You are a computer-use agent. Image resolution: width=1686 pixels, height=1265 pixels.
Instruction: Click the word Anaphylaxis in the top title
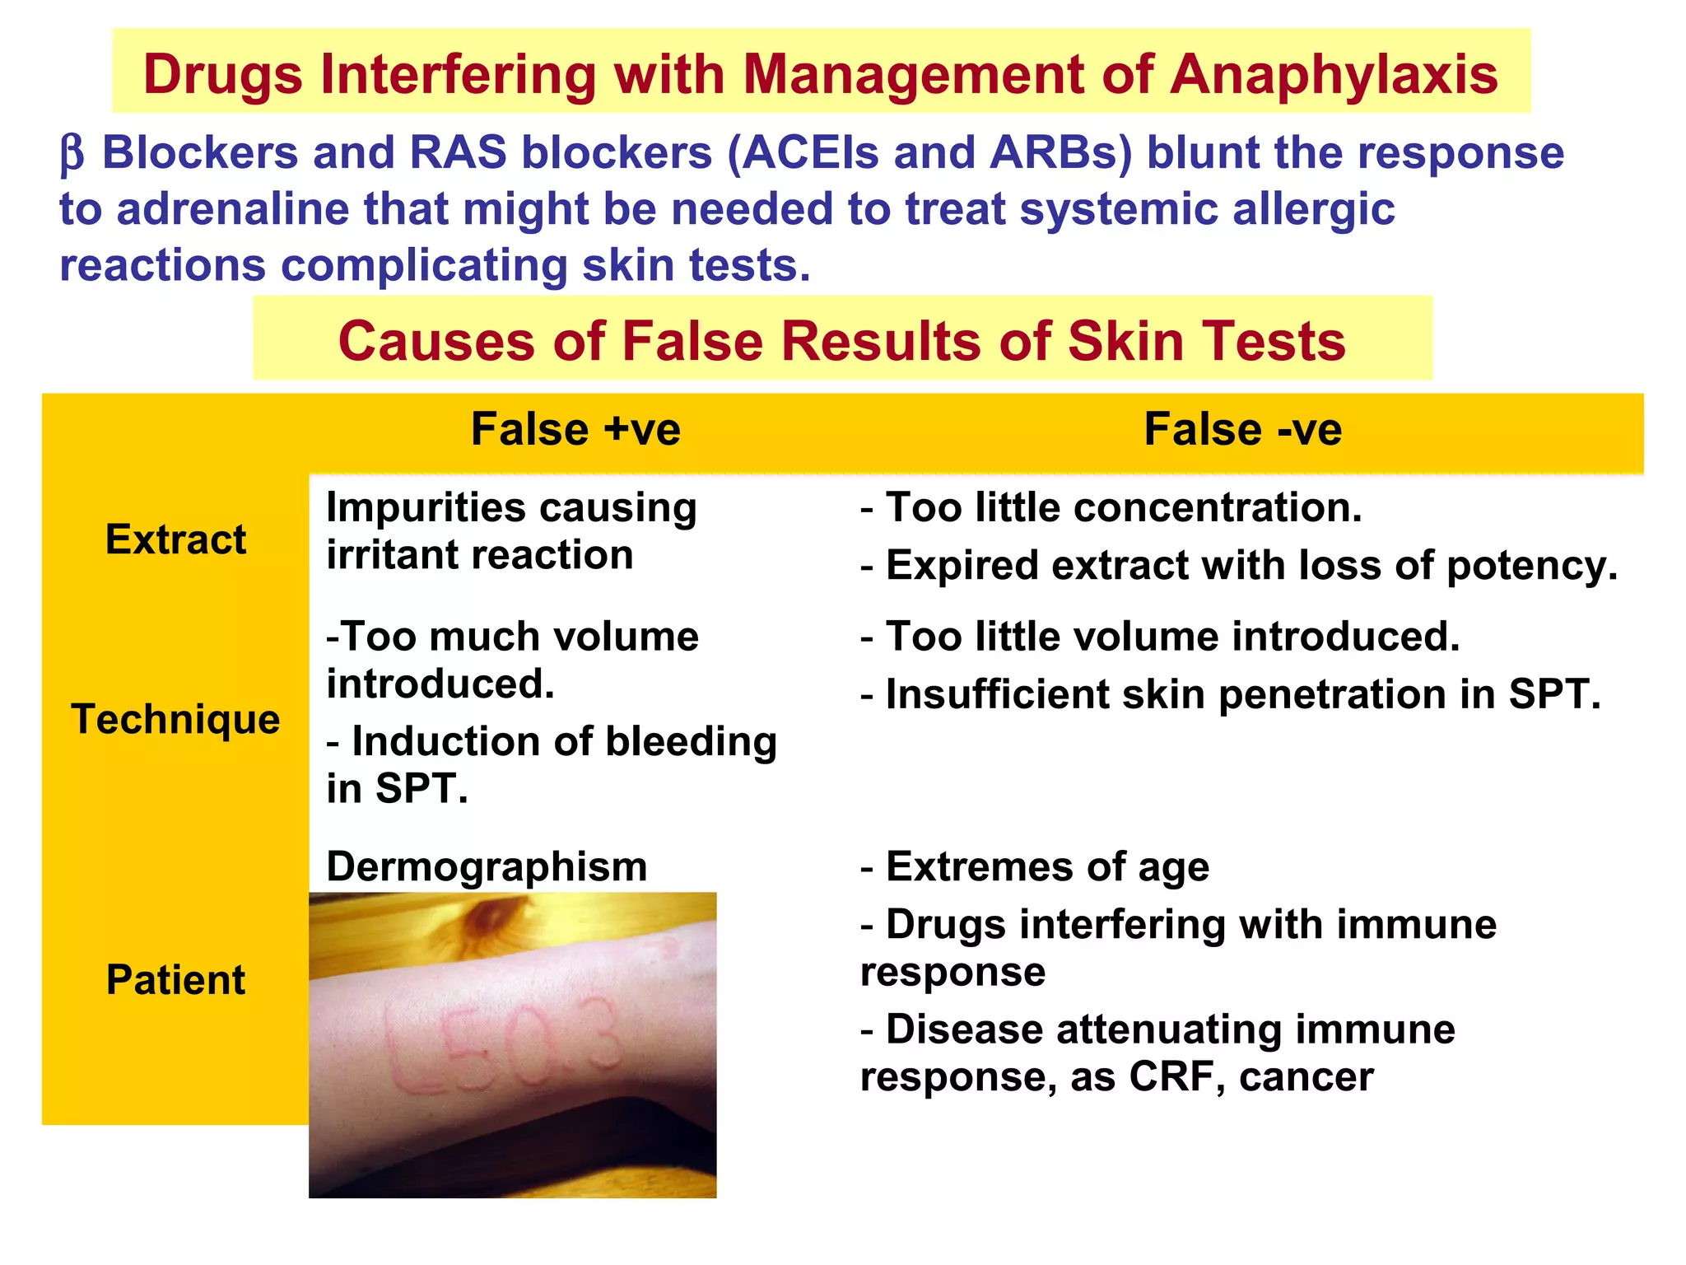tap(1334, 75)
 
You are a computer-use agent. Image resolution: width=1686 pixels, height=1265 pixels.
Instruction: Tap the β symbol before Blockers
tap(72, 154)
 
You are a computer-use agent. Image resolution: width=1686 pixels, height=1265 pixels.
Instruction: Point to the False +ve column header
tap(575, 429)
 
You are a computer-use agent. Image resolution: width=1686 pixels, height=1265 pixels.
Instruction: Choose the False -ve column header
tap(1242, 429)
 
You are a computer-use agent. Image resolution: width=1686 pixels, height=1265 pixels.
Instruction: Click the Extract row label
tap(175, 539)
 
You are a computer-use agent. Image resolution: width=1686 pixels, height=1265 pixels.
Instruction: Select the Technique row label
tap(175, 719)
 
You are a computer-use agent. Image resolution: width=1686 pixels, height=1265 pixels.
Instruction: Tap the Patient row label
tap(175, 980)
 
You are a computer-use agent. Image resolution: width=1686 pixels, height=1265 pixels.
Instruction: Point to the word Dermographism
tap(487, 866)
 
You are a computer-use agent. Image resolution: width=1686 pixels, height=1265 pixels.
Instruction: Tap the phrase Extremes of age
tap(1047, 866)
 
